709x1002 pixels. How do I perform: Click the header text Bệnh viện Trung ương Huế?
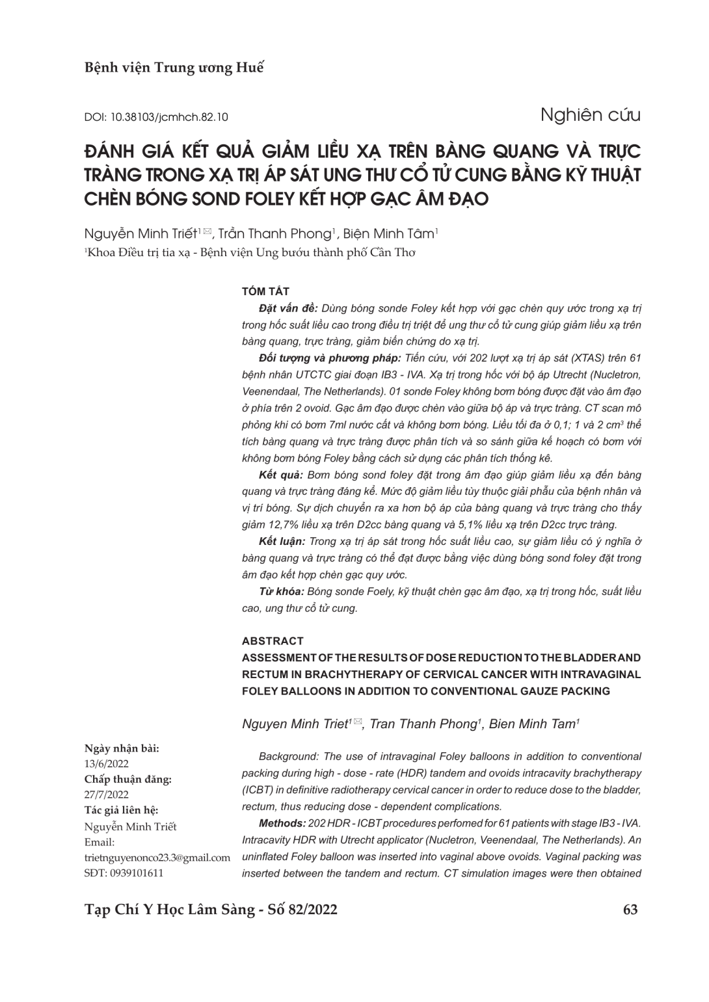tap(174, 68)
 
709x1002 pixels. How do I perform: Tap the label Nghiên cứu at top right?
tap(590, 115)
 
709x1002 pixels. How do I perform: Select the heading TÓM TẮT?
tap(265, 291)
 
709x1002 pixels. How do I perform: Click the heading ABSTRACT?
tap(273, 641)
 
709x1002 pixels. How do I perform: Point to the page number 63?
tap(630, 909)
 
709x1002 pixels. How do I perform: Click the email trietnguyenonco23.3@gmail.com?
tap(157, 858)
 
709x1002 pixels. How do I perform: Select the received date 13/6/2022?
tap(107, 764)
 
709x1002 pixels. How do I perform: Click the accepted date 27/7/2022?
tap(107, 795)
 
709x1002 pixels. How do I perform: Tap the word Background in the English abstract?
tap(288, 756)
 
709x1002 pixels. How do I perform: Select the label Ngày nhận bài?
tap(122, 748)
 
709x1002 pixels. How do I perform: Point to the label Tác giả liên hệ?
tap(122, 810)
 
